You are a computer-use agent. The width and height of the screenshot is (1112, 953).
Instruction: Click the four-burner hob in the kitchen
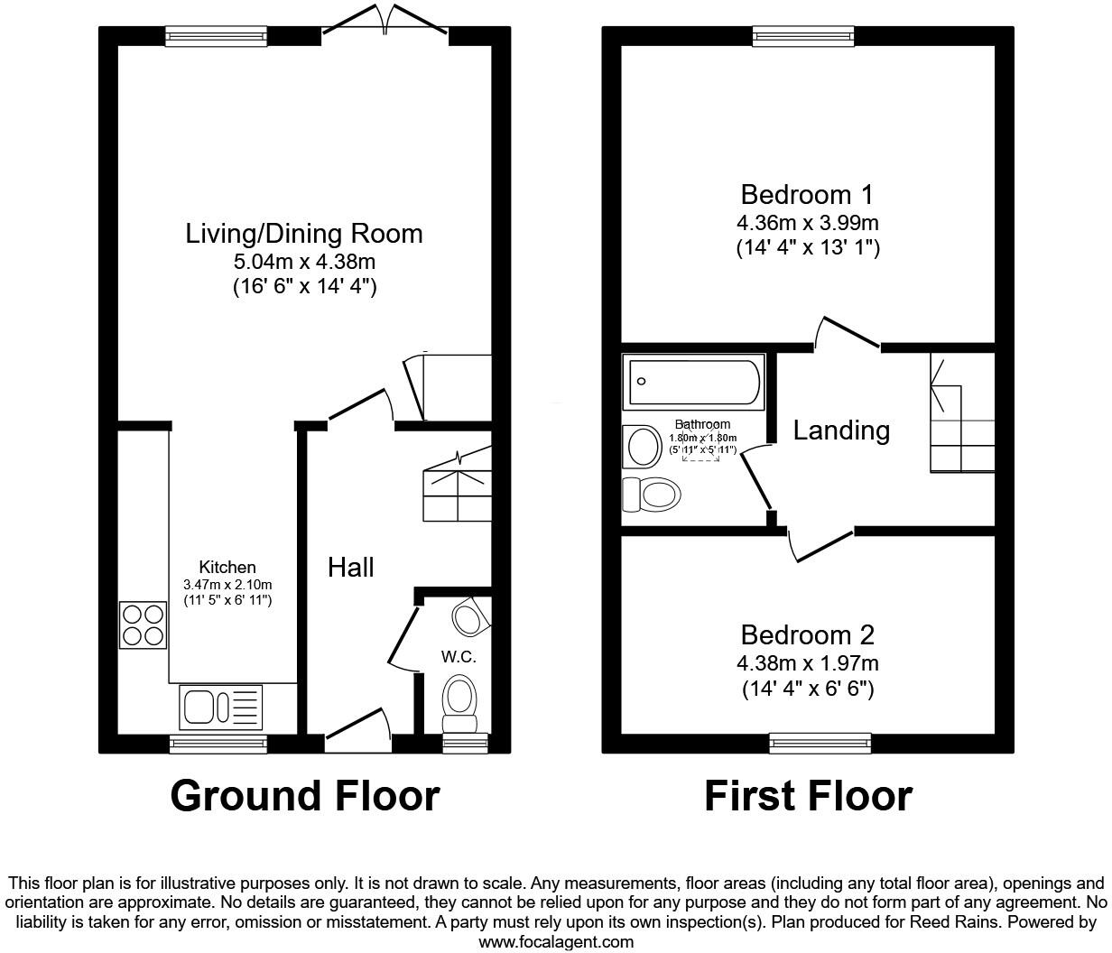pos(143,625)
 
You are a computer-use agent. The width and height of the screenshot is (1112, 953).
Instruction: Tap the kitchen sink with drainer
pos(221,706)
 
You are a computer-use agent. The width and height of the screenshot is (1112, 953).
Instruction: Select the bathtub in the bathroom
pos(693,382)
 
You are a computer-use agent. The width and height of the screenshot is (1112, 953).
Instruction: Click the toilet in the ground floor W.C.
pos(460,702)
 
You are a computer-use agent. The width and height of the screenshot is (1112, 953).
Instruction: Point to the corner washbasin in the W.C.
pos(468,617)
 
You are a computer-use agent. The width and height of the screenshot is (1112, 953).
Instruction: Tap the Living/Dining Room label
pos(304,234)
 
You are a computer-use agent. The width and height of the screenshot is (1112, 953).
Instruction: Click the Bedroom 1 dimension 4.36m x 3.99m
pos(807,222)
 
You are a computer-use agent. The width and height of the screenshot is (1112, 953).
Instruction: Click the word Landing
pos(841,430)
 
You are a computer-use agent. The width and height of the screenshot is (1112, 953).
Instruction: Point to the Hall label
pos(350,567)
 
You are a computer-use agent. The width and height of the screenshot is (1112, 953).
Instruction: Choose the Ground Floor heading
pos(304,796)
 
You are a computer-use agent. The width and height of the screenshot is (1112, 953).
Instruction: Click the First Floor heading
pos(808,796)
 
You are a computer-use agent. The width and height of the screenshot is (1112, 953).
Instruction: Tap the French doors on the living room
pos(385,25)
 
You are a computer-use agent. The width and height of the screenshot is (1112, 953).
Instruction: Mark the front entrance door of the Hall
pos(357,733)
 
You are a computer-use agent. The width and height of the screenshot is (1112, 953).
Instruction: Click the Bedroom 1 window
pos(803,36)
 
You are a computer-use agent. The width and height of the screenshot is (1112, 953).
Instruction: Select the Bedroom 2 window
pos(820,743)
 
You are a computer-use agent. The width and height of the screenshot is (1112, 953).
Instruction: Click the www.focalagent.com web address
pos(555,942)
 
